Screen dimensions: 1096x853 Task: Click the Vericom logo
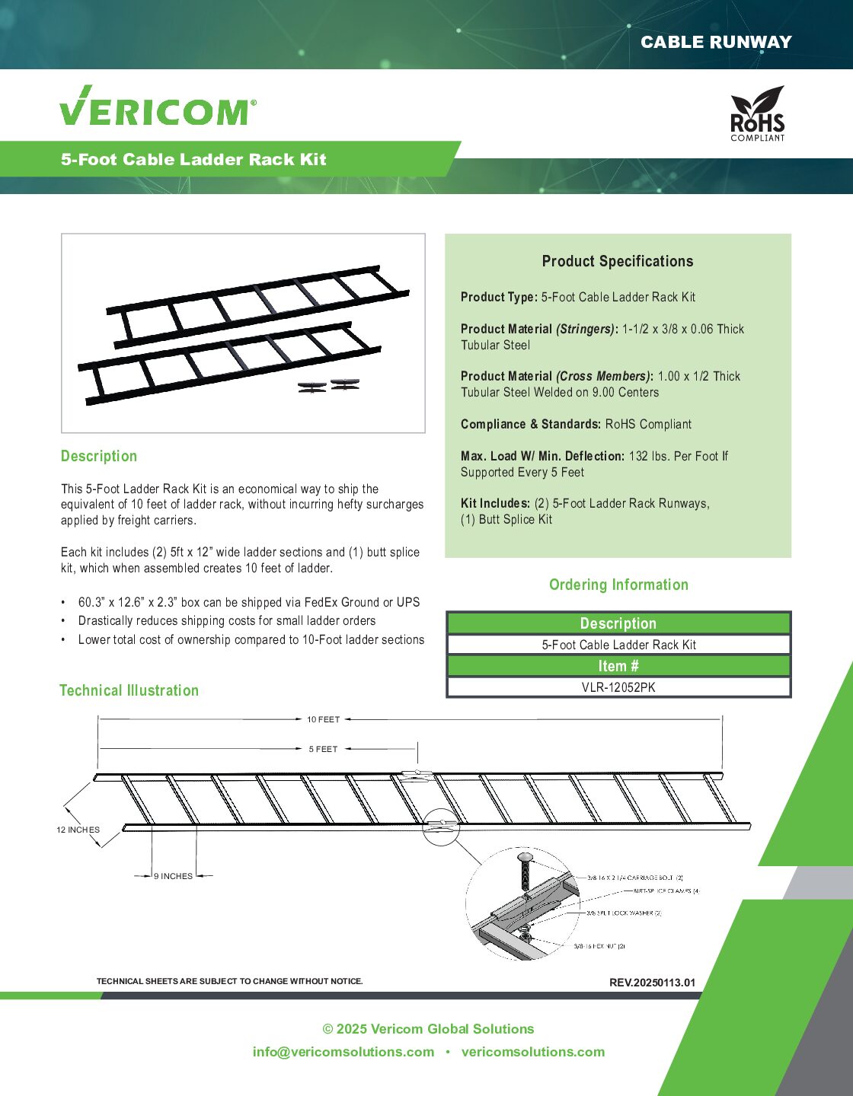(x=158, y=107)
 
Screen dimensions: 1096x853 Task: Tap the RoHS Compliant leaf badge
(x=757, y=113)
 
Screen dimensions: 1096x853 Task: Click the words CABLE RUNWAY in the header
(x=715, y=43)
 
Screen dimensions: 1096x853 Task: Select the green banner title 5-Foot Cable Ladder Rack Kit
(x=193, y=160)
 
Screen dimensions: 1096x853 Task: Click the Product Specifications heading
(x=618, y=262)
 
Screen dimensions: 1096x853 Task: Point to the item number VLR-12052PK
(x=618, y=687)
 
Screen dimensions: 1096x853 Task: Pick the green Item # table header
(x=618, y=666)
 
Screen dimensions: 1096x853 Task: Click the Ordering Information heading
(x=618, y=585)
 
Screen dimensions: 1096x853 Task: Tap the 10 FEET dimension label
(x=324, y=719)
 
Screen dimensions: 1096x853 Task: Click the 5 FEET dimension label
(x=323, y=749)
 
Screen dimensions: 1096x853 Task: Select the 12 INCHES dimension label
(x=78, y=830)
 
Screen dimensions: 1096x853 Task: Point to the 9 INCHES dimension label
(x=174, y=876)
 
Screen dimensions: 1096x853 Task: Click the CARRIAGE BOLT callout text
(x=635, y=878)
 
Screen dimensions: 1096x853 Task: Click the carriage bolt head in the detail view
(x=526, y=858)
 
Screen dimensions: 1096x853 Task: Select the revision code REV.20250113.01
(x=652, y=983)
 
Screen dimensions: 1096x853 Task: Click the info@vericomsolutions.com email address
(x=343, y=1052)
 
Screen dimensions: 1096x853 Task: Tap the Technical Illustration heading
(x=129, y=690)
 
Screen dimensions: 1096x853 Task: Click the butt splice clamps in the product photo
(x=328, y=386)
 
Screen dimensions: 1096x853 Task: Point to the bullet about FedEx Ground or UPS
(x=248, y=602)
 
